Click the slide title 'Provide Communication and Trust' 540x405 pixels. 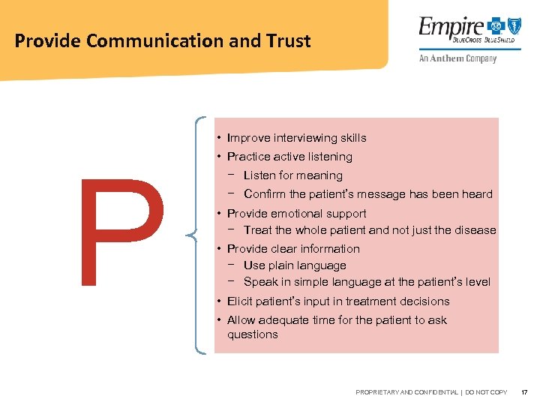coord(162,40)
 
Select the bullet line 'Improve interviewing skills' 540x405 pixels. coord(296,138)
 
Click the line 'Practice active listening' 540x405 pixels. coord(289,157)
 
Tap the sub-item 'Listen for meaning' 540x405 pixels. coord(292,175)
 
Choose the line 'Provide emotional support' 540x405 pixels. coord(296,214)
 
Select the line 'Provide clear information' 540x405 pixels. coord(293,249)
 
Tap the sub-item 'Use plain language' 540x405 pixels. coord(295,265)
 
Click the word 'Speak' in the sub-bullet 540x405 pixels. coord(260,282)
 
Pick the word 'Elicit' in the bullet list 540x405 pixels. coord(241,301)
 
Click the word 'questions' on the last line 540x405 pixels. coord(252,334)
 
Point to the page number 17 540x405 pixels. coord(523,392)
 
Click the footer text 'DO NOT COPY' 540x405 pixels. coord(486,392)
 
